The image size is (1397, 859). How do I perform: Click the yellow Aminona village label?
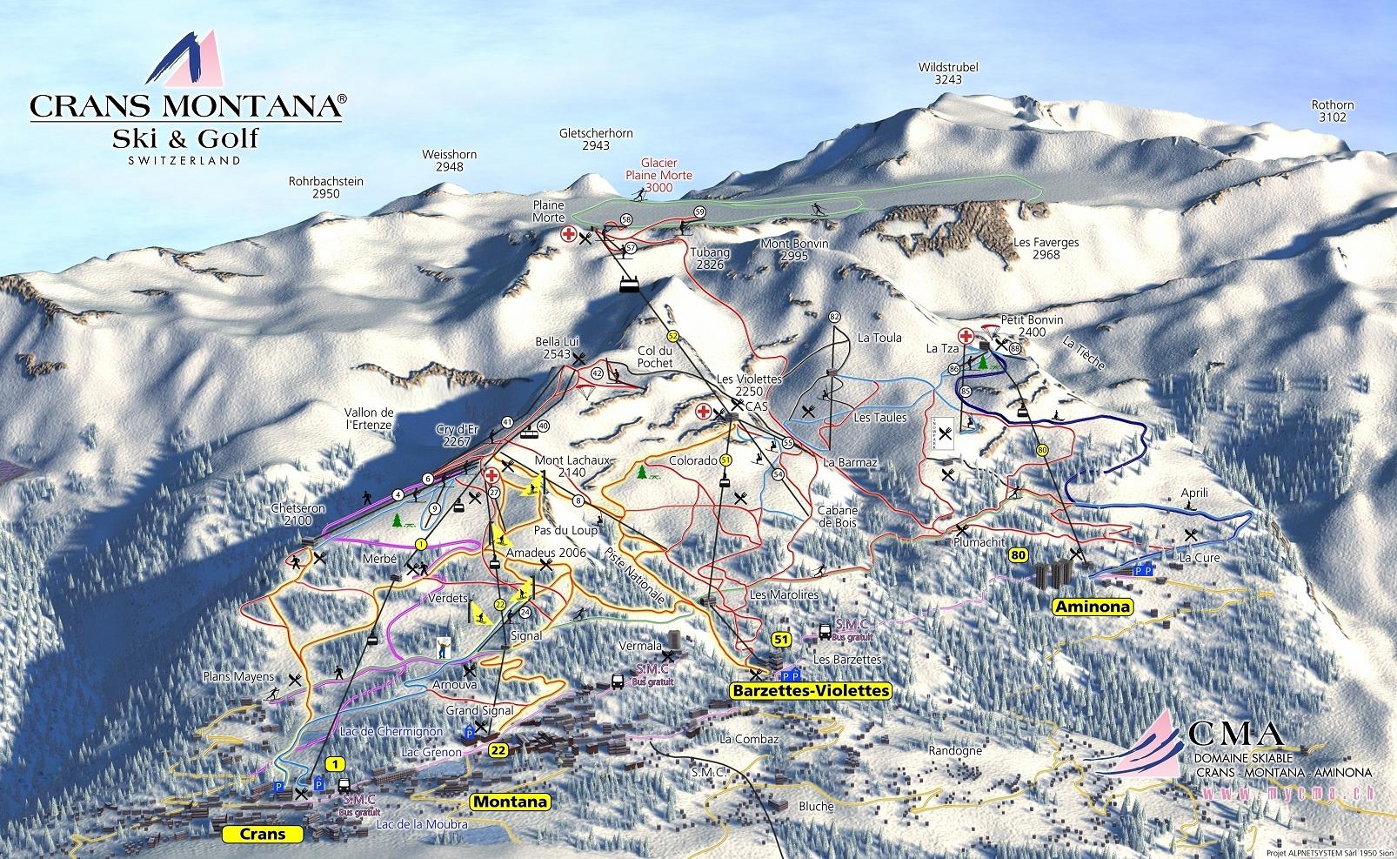1093,607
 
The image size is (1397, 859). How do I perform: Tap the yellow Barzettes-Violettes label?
811,690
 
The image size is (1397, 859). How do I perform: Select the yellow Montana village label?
511,802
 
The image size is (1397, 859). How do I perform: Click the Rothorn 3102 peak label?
1333,111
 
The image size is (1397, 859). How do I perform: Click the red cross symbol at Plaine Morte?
568,235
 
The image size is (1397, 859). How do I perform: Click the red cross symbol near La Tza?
966,336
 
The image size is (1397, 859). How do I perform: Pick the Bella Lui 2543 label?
558,347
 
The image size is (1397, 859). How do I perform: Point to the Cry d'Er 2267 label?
458,435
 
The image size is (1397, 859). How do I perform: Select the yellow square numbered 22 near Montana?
498,749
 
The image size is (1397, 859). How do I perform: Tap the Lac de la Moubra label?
422,823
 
